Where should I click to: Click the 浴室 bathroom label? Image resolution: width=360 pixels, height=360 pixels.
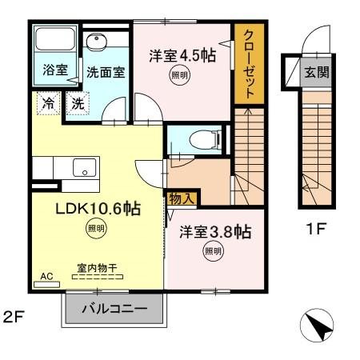(54, 70)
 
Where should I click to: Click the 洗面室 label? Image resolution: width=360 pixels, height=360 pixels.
(106, 70)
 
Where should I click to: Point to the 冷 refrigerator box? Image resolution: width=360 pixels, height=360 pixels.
(49, 102)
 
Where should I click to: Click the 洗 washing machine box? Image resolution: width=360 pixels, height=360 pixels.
(78, 102)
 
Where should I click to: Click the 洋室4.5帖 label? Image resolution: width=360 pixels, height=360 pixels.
(182, 56)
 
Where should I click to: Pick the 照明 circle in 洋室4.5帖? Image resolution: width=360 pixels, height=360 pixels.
(181, 76)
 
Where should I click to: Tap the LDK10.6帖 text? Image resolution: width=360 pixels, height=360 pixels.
(98, 210)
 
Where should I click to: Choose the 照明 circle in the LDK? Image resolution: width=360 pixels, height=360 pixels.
(96, 229)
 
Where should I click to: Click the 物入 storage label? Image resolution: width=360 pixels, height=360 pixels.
(181, 196)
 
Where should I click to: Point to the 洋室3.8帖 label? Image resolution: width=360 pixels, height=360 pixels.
(214, 232)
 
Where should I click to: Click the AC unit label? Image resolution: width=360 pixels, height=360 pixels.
(46, 276)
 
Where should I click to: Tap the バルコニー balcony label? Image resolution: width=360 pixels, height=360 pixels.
(116, 308)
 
